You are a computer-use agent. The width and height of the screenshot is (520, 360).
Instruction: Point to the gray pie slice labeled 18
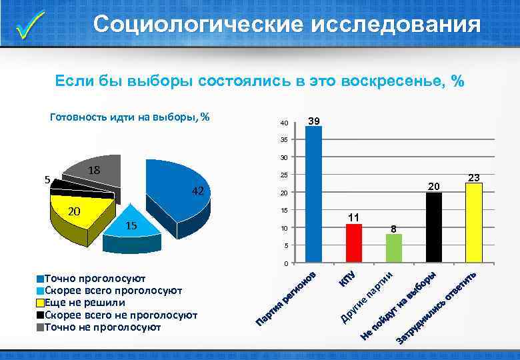tap(97, 172)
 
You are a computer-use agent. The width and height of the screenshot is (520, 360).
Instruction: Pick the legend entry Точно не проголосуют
tap(102, 327)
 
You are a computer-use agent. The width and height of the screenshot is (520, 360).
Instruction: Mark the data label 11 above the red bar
tap(354, 217)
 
